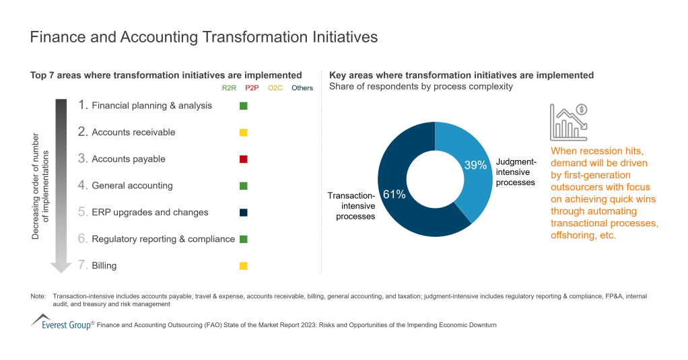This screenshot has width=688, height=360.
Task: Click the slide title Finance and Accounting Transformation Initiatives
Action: click(204, 37)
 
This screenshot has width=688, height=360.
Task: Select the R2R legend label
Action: click(229, 88)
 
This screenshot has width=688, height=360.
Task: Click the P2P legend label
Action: click(252, 88)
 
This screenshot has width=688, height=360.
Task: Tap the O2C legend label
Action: click(275, 88)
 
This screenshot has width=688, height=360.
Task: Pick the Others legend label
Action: click(302, 88)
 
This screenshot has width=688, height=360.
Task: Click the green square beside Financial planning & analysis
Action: click(244, 106)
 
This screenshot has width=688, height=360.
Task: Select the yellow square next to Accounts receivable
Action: click(244, 133)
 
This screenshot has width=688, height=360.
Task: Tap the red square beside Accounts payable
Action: click(244, 159)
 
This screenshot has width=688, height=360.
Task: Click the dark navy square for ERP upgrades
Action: click(244, 213)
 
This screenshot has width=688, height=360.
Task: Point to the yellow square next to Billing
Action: click(244, 266)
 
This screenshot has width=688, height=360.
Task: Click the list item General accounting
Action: click(132, 186)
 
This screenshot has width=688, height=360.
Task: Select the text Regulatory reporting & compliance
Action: click(163, 239)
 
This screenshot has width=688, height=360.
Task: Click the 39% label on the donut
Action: click(475, 166)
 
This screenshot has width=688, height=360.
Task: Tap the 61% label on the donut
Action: click(394, 194)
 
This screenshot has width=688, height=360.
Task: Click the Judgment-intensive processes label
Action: click(516, 172)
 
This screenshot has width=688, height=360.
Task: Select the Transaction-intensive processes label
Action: click(351, 206)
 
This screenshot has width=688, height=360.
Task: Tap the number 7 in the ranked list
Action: click(82, 266)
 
